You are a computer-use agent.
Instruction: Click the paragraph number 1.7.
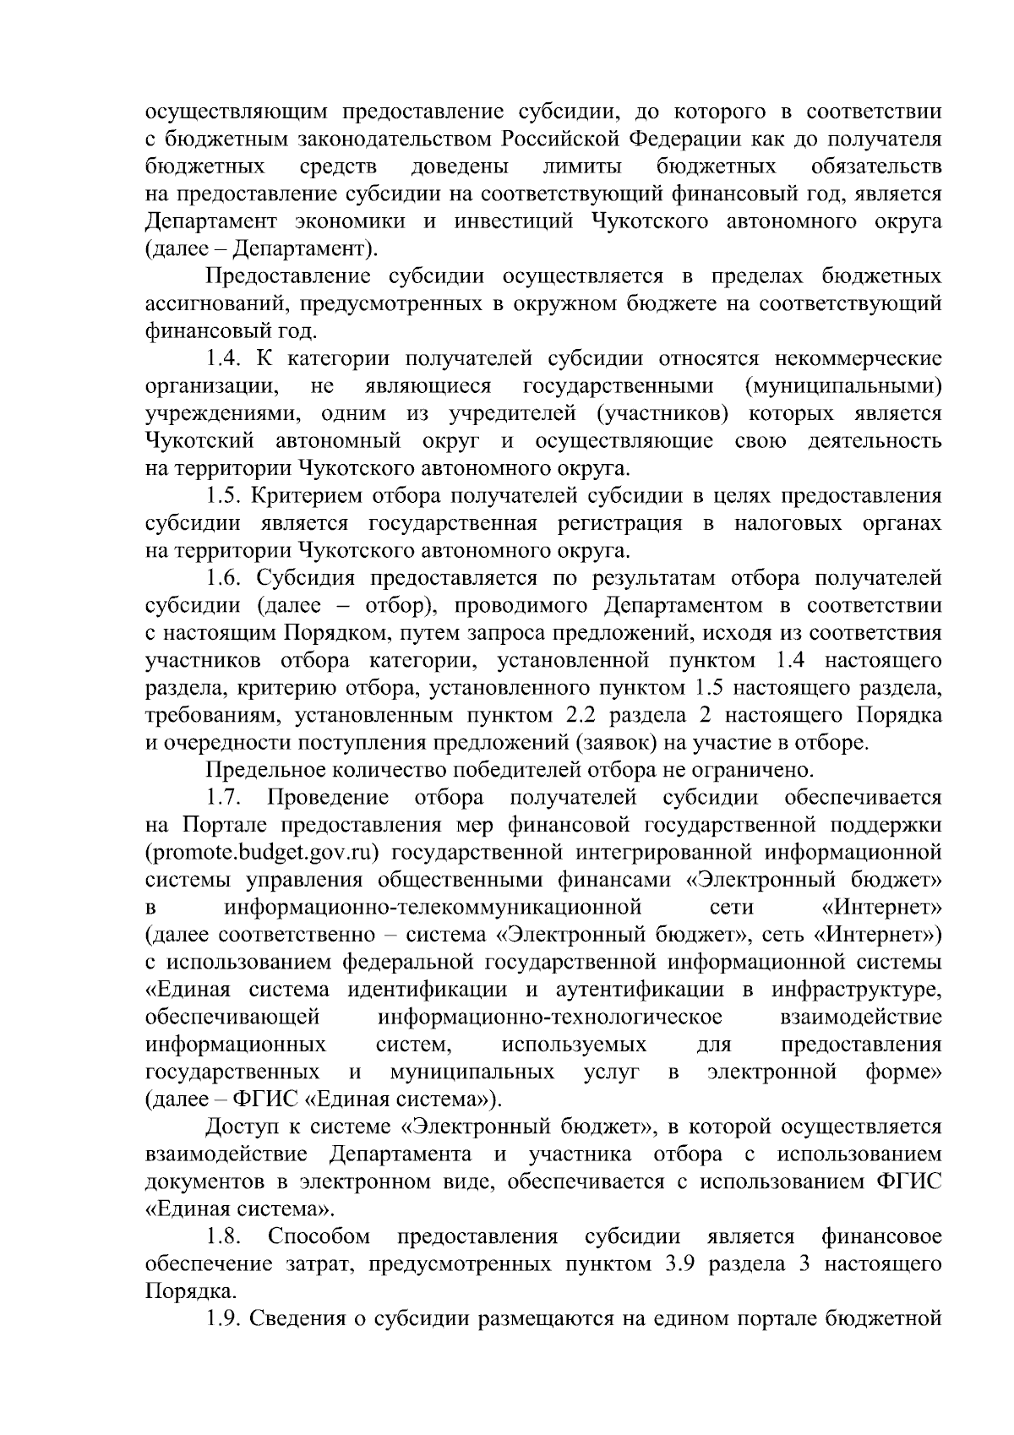225,798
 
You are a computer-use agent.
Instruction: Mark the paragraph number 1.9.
225,1319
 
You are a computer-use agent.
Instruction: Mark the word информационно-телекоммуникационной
433,908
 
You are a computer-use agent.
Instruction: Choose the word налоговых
788,523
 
